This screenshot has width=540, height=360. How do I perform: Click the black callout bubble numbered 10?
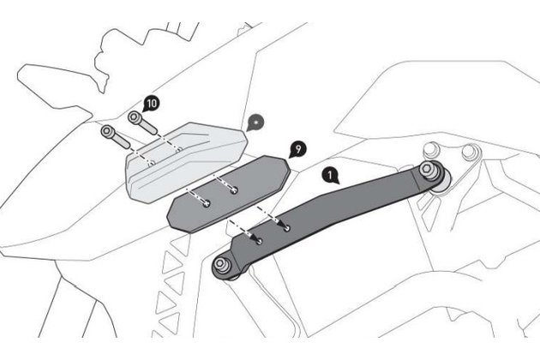151,102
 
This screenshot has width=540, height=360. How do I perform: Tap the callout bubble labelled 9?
297,149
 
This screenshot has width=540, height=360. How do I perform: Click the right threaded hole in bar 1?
285,228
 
